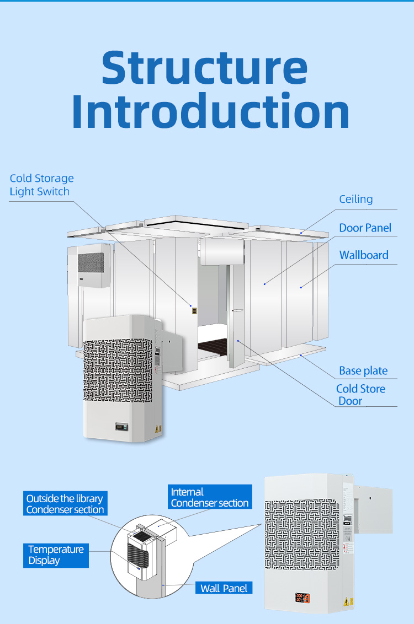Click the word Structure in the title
pyautogui.click(x=204, y=68)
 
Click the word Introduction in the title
pyautogui.click(x=210, y=112)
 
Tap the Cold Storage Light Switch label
pyautogui.click(x=41, y=185)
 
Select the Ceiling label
pyautogui.click(x=355, y=199)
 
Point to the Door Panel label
pyautogui.click(x=365, y=228)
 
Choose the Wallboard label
pyautogui.click(x=363, y=255)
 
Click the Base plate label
pyautogui.click(x=363, y=371)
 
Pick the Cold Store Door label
pyautogui.click(x=360, y=395)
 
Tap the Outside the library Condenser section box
pyautogui.click(x=65, y=504)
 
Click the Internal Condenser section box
pyautogui.click(x=210, y=497)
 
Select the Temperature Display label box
pyautogui.click(x=56, y=555)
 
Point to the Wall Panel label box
pyautogui.click(x=224, y=588)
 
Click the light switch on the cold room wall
pyautogui.click(x=194, y=311)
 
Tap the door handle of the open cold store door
pyautogui.click(x=237, y=310)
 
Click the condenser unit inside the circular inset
pyautogui.click(x=140, y=553)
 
